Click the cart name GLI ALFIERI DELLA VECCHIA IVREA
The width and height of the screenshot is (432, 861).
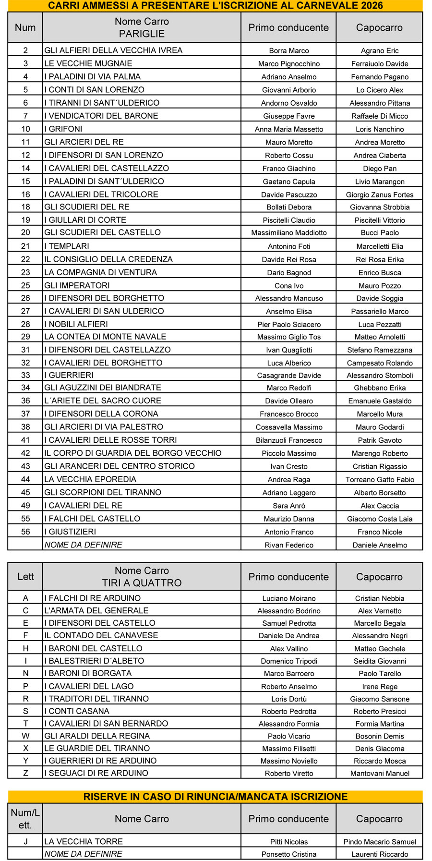113,50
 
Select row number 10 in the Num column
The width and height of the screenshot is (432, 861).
25,129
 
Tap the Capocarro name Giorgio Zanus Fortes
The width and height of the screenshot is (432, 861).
379,194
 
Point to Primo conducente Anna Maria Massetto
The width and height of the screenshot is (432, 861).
288,129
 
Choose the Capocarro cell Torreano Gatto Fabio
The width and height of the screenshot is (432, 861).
379,479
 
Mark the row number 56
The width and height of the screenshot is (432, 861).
25,532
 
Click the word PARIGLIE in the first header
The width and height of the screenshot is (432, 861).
142,34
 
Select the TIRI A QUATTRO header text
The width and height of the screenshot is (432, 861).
142,583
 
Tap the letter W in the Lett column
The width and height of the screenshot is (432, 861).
25,736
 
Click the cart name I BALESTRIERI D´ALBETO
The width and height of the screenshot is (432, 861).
94,661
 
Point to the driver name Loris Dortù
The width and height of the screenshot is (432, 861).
288,699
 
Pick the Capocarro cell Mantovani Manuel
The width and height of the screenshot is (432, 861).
379,773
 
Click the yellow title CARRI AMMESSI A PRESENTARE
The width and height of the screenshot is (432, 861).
216,6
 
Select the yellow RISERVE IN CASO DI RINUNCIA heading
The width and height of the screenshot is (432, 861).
216,797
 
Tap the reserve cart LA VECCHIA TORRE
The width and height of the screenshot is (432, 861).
84,841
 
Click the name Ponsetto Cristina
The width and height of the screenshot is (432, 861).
288,854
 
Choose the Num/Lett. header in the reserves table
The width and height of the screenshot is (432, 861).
25,819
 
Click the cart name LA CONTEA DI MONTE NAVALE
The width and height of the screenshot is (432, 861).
105,337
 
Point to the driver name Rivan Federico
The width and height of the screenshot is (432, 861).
288,545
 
